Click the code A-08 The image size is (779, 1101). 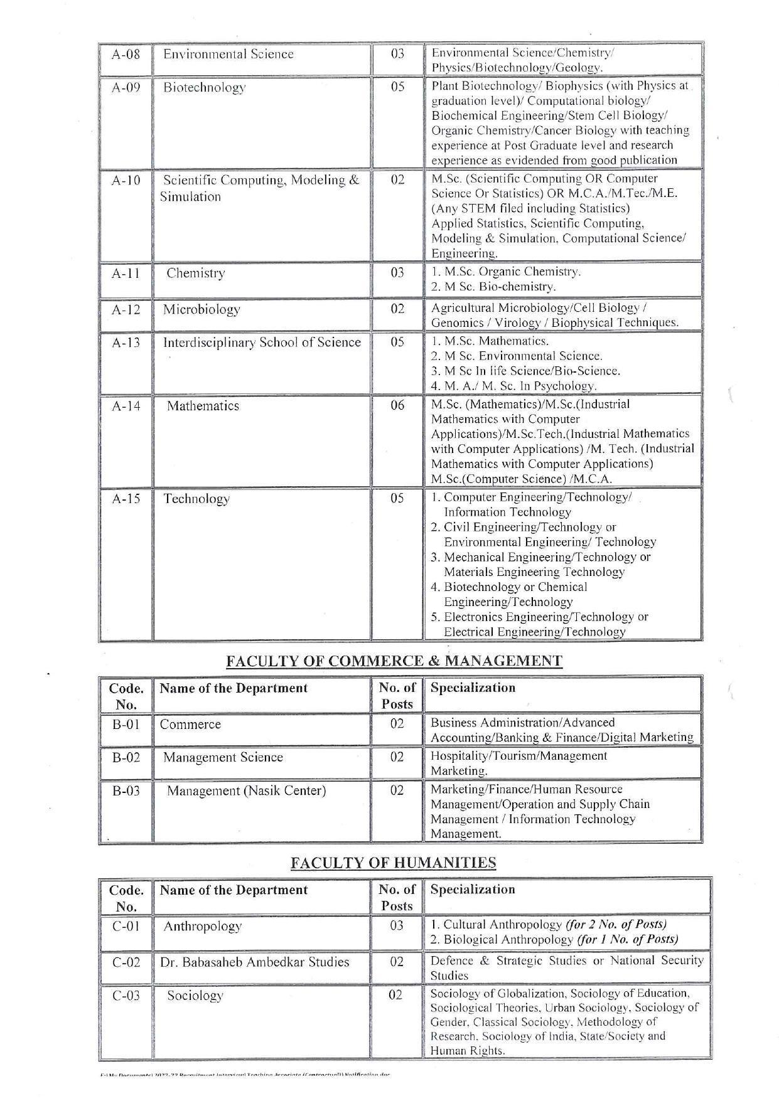tap(126, 54)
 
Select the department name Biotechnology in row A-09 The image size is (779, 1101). tap(204, 87)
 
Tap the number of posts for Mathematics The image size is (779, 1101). tap(397, 405)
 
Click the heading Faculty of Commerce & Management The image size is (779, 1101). tap(394, 661)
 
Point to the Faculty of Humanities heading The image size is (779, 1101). tap(393, 863)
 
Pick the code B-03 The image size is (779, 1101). tap(126, 790)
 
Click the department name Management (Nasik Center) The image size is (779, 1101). tap(246, 790)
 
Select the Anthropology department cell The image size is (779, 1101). tap(202, 926)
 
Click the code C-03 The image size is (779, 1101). tap(126, 996)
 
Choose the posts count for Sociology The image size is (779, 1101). tap(395, 995)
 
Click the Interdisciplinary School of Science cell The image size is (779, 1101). tap(262, 343)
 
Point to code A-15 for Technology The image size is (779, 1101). tap(126, 499)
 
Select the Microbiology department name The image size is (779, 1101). tap(201, 309)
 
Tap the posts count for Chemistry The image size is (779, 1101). tap(397, 273)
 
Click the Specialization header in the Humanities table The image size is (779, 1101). tap(473, 890)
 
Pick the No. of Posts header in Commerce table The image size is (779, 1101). tap(397, 696)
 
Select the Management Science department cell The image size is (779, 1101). tap(223, 757)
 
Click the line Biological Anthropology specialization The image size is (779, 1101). tap(554, 940)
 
